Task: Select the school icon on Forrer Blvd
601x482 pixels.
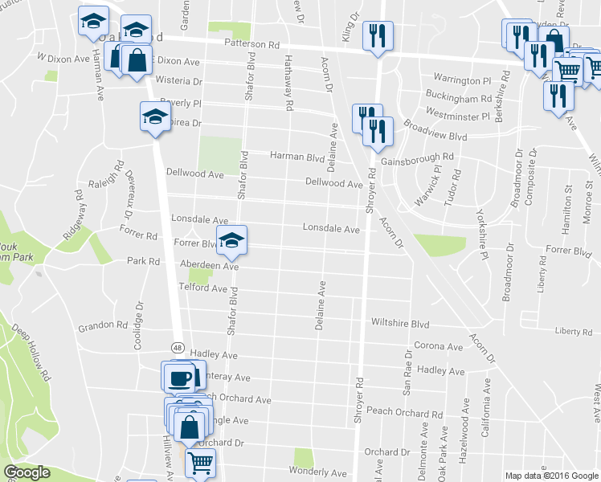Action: pyautogui.click(x=231, y=240)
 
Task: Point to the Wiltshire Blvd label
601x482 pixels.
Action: pyautogui.click(x=400, y=322)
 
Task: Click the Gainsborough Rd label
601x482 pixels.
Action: pyautogui.click(x=418, y=157)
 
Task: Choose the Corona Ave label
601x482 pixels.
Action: pyautogui.click(x=438, y=347)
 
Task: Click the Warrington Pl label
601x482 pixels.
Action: pyautogui.click(x=462, y=81)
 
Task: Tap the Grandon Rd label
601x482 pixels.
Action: pyautogui.click(x=103, y=327)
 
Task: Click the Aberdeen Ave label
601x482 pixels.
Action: pyautogui.click(x=210, y=265)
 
